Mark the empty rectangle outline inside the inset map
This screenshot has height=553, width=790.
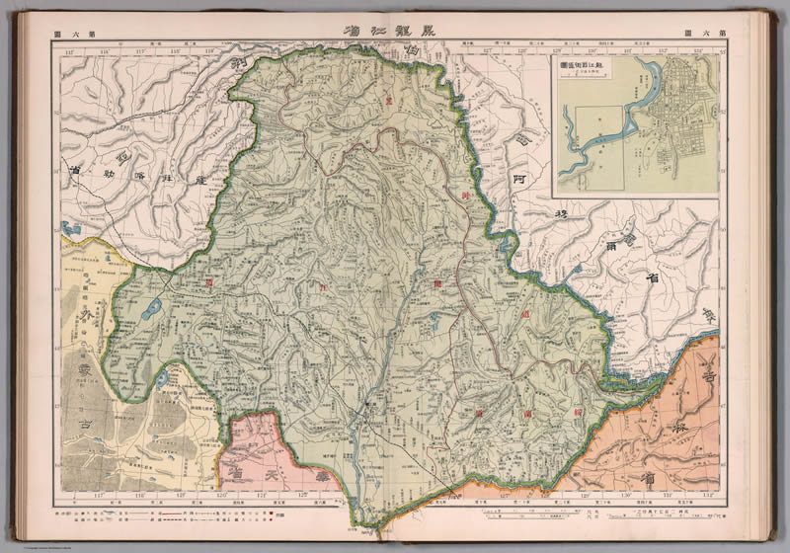598,132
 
